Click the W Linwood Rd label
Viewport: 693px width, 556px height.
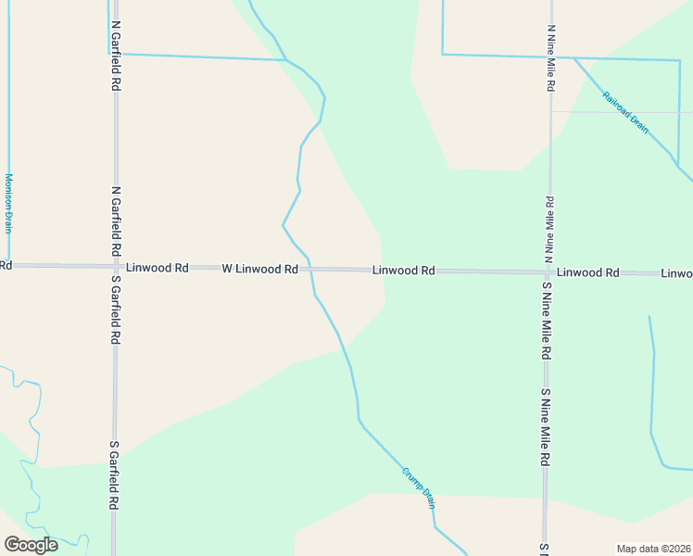pos(259,269)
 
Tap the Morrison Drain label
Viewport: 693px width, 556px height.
pos(8,203)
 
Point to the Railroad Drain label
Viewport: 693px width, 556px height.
pos(625,112)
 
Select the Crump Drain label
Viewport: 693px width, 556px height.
pos(419,486)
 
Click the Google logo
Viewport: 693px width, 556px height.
pos(31,545)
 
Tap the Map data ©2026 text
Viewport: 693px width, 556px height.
pos(654,549)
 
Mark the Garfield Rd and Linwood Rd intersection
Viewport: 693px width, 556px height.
pos(116,267)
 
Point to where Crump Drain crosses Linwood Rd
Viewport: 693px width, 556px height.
pos(309,269)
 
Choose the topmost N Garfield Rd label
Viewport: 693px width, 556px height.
pos(116,56)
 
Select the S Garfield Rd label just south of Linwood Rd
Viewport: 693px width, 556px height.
pos(116,310)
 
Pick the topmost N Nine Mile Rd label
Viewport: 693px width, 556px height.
pos(550,57)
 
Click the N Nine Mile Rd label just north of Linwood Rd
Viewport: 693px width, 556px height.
pos(550,227)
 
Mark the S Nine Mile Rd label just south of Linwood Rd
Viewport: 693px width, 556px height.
pos(548,321)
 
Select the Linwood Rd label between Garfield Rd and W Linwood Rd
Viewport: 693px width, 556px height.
pos(157,268)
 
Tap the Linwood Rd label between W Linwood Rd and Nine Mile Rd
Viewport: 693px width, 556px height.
pos(404,271)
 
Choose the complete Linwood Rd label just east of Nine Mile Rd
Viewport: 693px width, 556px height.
pos(588,272)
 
